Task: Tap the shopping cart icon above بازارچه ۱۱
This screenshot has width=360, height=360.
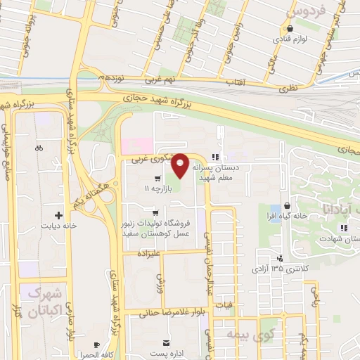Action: [157, 178]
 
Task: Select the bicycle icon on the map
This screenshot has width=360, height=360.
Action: [39, 148]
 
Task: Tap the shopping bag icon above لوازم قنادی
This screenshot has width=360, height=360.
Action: [289, 29]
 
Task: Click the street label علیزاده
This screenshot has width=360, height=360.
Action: [150, 252]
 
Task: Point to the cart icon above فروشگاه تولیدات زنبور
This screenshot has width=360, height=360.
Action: [155, 212]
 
